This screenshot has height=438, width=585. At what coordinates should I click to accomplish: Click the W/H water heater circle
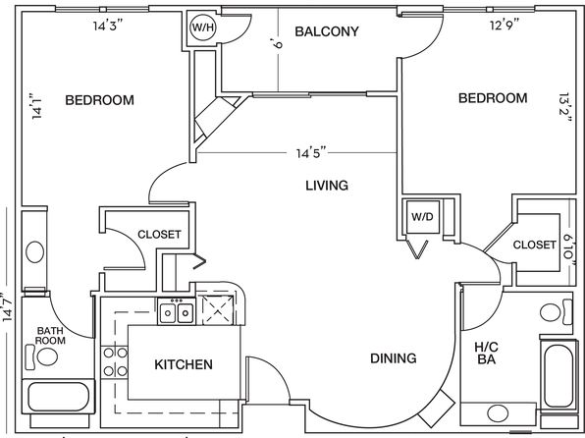tap(202, 27)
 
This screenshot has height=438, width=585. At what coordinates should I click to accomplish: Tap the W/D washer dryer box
tap(423, 217)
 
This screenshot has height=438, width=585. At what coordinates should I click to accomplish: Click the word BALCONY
tap(327, 31)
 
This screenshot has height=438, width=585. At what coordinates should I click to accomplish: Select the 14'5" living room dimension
tap(311, 153)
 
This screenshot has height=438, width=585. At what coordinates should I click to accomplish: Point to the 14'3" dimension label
tap(108, 26)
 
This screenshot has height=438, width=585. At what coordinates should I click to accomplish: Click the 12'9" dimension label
tap(505, 25)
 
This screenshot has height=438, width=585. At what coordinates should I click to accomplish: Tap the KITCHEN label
tap(184, 364)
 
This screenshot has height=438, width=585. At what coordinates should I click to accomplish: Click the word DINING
tap(394, 358)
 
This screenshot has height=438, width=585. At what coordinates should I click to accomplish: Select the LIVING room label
tap(327, 186)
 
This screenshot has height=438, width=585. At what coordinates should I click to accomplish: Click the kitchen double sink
tap(177, 313)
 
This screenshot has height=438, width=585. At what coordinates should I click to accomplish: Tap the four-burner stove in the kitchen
tap(115, 361)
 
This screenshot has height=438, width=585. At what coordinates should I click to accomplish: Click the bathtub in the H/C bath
tap(558, 375)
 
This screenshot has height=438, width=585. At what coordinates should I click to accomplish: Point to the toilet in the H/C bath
tap(556, 312)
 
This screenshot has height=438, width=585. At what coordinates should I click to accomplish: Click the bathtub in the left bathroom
tap(59, 397)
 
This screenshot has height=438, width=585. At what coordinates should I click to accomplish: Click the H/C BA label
tap(487, 354)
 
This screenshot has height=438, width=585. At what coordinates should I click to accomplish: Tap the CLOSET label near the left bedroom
tap(159, 235)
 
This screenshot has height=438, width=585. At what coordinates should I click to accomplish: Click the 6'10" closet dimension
tap(569, 252)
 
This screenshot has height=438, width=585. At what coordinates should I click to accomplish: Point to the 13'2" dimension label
tap(566, 109)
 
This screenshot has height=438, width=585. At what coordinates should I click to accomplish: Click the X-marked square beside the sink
tap(218, 309)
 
